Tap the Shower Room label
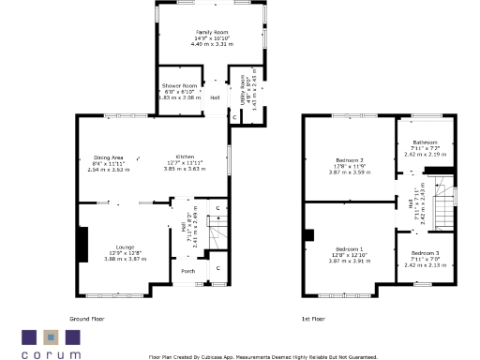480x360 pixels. [x=178, y=85]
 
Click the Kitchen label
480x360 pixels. [x=190, y=157]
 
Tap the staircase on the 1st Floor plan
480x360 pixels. [x=446, y=200]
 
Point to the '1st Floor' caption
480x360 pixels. [x=312, y=319]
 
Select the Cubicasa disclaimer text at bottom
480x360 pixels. [x=262, y=356]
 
